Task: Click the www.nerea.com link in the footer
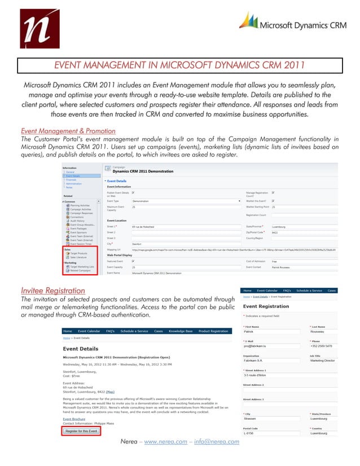click(x=167, y=456)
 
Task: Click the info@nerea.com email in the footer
click(x=217, y=456)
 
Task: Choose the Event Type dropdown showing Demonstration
click(x=186, y=200)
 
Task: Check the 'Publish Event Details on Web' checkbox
click(x=133, y=193)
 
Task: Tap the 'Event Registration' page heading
click(x=266, y=306)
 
